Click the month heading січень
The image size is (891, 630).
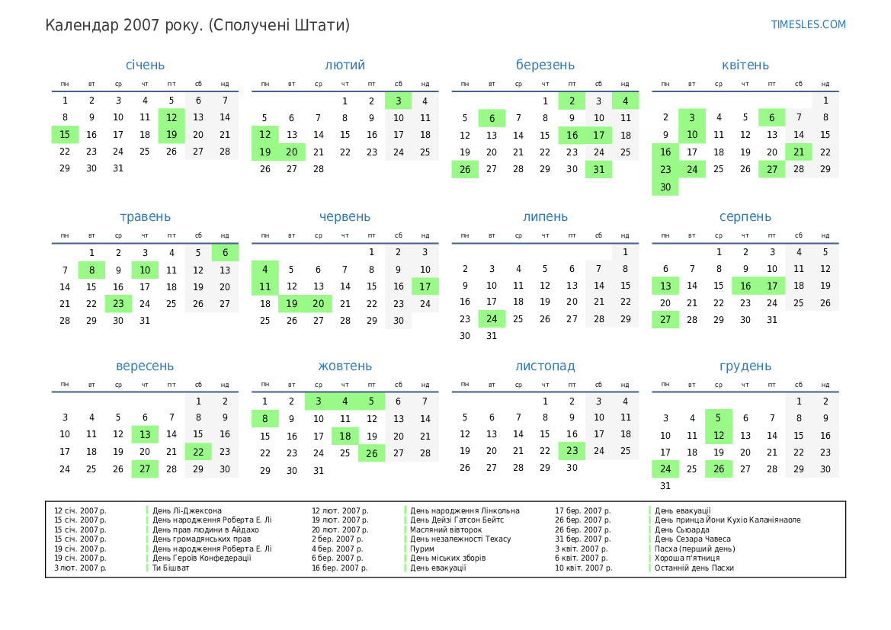click(x=145, y=65)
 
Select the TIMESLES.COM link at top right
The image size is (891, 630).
click(x=809, y=24)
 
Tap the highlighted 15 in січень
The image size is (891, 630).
click(x=65, y=135)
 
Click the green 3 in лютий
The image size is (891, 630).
click(x=398, y=101)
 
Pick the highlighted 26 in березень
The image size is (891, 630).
click(x=465, y=169)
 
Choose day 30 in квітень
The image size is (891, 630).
click(x=665, y=187)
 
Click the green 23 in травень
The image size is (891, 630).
click(x=118, y=303)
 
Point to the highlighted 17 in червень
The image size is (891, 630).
click(x=425, y=286)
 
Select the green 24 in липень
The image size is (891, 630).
click(x=492, y=318)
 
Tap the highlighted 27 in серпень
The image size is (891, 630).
click(x=665, y=320)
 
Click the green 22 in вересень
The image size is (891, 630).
click(x=198, y=452)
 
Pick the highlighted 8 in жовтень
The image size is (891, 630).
click(x=265, y=418)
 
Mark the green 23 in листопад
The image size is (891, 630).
click(x=572, y=451)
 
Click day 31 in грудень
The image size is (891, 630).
click(x=665, y=486)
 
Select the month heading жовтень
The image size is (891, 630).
click(x=345, y=366)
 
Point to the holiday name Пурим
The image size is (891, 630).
click(x=422, y=548)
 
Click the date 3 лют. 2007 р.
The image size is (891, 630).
click(x=80, y=568)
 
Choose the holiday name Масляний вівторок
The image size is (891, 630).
click(x=446, y=529)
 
